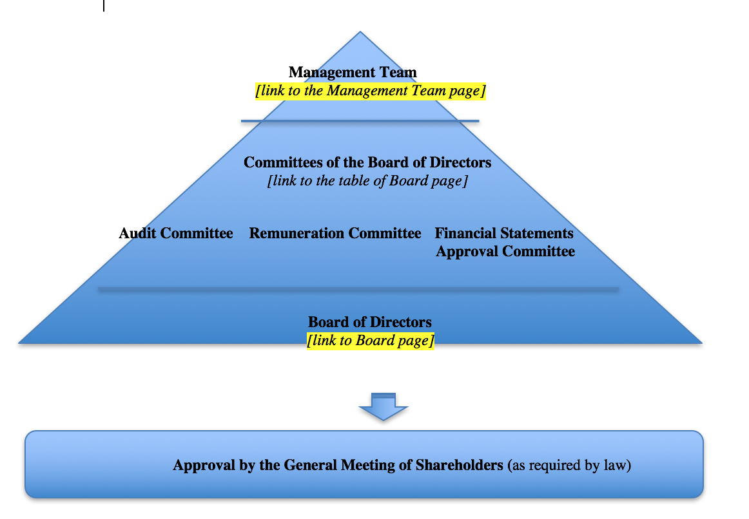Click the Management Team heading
(353, 73)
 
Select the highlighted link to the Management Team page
(370, 91)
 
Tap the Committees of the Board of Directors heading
(367, 162)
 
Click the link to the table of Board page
(367, 181)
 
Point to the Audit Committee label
(176, 233)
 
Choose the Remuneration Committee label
(335, 233)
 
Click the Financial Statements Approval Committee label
(505, 242)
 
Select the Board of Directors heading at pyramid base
(370, 322)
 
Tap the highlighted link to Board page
(370, 340)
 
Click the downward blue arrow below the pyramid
(384, 407)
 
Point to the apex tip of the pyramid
(360, 33)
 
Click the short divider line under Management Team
(360, 121)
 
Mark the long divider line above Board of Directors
(358, 289)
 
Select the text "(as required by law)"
(569, 465)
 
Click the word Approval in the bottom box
(202, 465)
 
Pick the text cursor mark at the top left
(104, 6)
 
